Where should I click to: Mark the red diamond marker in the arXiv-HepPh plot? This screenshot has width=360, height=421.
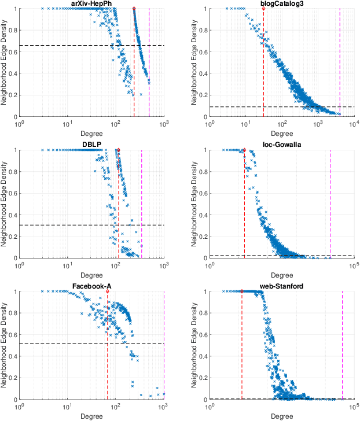[134, 9]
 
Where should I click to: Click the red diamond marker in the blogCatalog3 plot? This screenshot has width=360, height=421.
[263, 9]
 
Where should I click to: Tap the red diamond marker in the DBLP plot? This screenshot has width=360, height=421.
[119, 150]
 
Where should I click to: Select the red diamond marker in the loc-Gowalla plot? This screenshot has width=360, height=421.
[244, 150]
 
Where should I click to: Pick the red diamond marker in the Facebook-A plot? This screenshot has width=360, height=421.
[107, 291]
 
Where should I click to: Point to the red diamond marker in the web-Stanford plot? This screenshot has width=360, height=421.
[242, 291]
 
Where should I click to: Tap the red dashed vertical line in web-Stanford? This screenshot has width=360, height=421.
[242, 347]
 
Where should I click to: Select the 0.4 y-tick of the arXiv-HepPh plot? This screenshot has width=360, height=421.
[13, 73]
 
